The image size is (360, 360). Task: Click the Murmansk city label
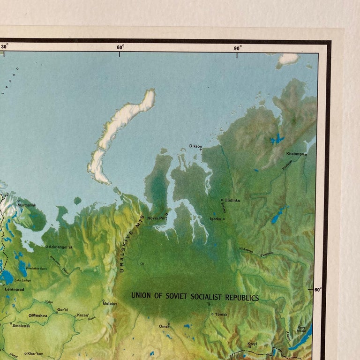(x=26, y=205)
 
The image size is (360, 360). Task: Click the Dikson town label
(x=195, y=146)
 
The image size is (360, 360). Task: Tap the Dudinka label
(x=232, y=200)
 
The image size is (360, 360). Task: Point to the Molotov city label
(x=110, y=304)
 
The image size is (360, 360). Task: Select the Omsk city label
(x=164, y=326)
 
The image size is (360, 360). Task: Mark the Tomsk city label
(x=221, y=314)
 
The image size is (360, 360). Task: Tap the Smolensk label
(x=21, y=325)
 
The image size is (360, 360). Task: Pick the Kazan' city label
(x=83, y=315)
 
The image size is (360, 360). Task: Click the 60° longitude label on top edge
(x=120, y=47)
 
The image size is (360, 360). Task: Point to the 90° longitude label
(x=238, y=47)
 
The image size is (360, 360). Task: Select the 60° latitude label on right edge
(x=318, y=290)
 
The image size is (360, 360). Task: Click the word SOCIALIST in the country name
(x=210, y=297)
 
